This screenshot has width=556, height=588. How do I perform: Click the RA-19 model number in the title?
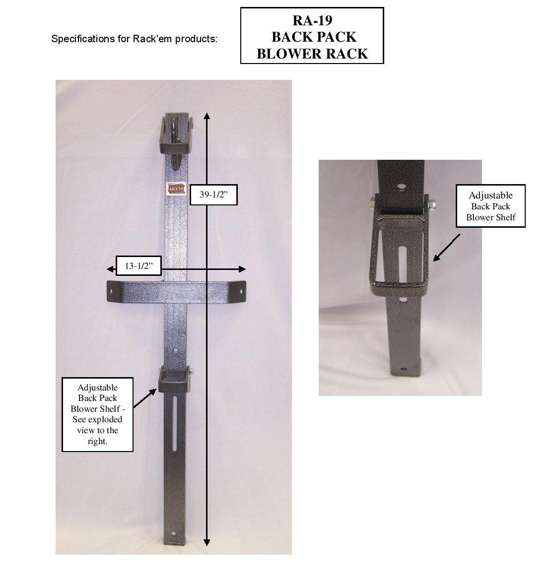pos(312,20)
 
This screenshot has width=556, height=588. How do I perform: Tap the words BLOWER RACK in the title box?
pos(312,54)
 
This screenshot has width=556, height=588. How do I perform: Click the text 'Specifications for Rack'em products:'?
pos(134,39)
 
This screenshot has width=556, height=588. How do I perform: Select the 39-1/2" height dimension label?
pos(213,196)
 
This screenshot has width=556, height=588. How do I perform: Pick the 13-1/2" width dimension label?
pos(139,266)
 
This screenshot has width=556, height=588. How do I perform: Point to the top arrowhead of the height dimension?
pos(207,116)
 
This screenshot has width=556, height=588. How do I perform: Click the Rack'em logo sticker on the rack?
pos(173,189)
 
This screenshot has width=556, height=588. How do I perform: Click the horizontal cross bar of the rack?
pos(177,291)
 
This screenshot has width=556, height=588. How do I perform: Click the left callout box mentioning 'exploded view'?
pos(97,414)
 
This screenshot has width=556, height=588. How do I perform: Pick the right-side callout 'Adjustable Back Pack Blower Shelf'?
pos(490,206)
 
